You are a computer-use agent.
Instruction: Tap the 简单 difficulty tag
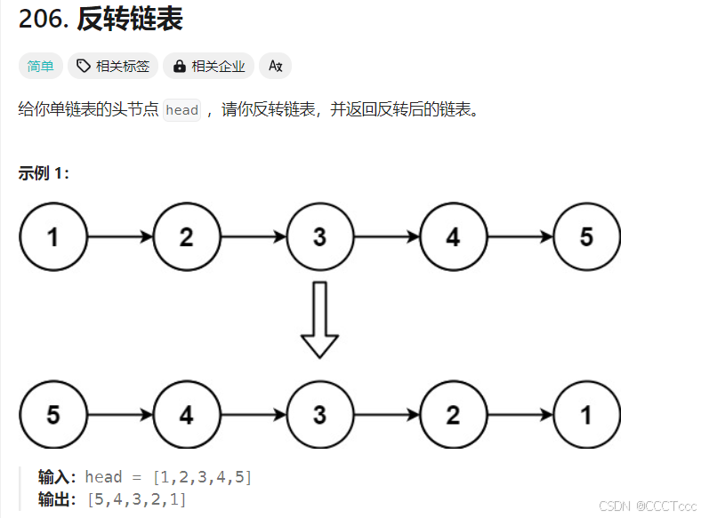coord(41,66)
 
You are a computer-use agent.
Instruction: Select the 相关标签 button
coord(113,66)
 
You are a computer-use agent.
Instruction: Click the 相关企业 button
coord(209,66)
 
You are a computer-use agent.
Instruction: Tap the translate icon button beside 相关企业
coord(275,66)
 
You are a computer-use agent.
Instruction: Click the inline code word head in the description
coord(182,110)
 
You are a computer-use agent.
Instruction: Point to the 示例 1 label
coord(44,173)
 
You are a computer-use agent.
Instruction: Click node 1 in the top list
coord(53,237)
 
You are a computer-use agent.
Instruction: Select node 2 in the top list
coord(186,237)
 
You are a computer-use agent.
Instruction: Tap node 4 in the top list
coord(453,237)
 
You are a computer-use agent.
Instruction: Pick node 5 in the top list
coord(585,237)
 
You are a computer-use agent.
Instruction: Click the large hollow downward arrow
coord(319,319)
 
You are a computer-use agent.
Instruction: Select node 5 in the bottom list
coord(53,415)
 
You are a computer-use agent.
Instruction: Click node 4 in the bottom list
coord(186,415)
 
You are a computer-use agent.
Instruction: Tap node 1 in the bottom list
coord(585,415)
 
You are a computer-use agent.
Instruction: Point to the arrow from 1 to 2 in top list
coord(120,237)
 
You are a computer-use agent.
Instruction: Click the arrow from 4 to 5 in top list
coord(520,237)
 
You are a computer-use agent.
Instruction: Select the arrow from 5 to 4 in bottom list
coord(120,415)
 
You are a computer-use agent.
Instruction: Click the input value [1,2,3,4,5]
coord(202,478)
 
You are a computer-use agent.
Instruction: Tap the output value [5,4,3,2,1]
coord(137,499)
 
